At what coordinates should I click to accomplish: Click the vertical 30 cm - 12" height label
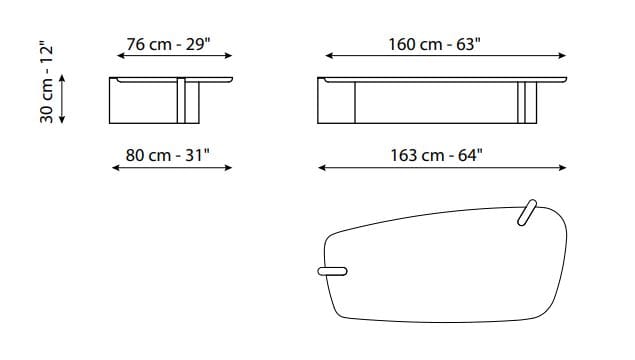pos(46,83)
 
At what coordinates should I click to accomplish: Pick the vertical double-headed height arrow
pos(63,98)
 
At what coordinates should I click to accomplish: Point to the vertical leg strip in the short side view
pos(182,100)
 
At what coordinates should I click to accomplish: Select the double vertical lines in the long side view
pos(521,102)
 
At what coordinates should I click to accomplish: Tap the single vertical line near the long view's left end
pos(355,102)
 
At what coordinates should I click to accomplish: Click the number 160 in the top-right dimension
pos(402,44)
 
